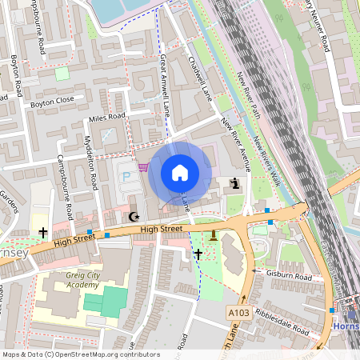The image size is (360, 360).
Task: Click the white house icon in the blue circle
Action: point(180,172)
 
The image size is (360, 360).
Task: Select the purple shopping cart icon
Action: point(143,167)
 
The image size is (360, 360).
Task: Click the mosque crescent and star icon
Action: point(134,217)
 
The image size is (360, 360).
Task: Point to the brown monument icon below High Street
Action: point(214,234)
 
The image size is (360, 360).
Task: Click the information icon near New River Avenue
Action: point(235,184)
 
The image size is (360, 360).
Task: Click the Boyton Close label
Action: point(52,102)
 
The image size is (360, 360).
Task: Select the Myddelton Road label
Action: point(90,162)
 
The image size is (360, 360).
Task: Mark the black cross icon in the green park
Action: point(198,254)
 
